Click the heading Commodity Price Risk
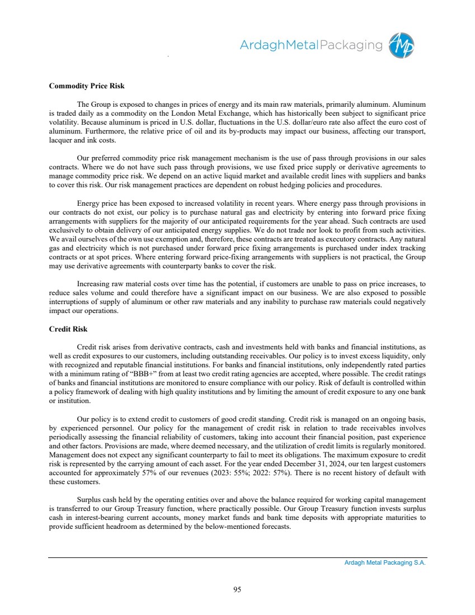click(87, 86)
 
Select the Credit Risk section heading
click(68, 329)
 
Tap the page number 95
click(237, 589)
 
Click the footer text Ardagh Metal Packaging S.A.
click(385, 563)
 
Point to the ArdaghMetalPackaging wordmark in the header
click(312, 45)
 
